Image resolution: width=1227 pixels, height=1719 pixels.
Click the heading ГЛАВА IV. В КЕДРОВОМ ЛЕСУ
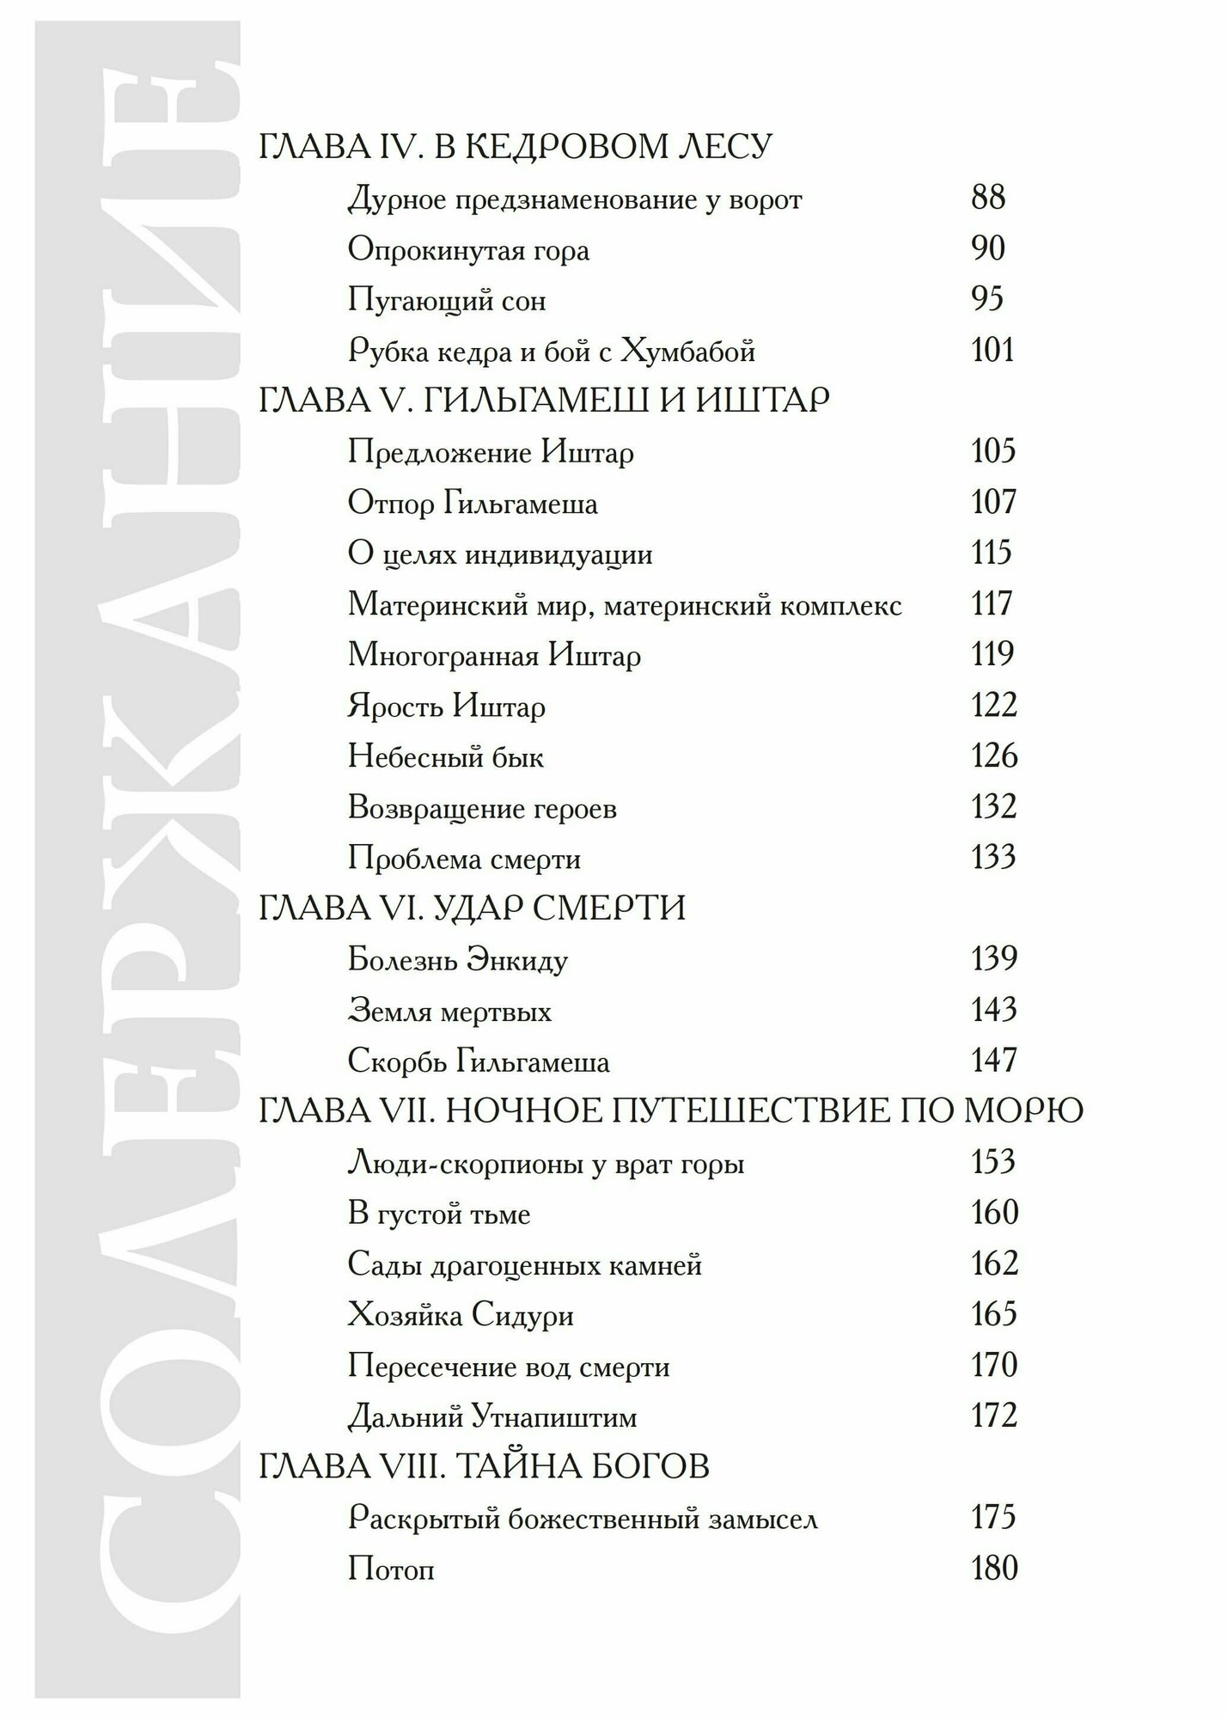click(x=516, y=148)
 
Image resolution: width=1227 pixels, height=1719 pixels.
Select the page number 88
click(x=988, y=199)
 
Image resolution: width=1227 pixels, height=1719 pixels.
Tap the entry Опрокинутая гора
click(x=469, y=250)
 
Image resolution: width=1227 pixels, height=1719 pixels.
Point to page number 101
click(x=992, y=351)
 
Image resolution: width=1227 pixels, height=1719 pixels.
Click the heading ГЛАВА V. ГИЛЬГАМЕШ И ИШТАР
click(x=545, y=401)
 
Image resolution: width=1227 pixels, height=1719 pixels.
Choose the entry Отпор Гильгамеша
click(x=473, y=503)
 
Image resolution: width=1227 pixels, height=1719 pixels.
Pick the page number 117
click(x=992, y=604)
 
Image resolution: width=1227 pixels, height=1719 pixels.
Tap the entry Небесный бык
click(x=446, y=757)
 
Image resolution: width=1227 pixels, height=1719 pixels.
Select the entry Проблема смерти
click(x=465, y=859)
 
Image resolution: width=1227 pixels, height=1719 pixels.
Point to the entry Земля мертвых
click(x=450, y=1011)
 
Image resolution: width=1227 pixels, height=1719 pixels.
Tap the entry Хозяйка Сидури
click(x=461, y=1315)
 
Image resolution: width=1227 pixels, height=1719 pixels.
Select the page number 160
click(x=994, y=1213)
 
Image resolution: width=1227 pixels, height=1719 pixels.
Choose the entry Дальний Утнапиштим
click(x=492, y=1416)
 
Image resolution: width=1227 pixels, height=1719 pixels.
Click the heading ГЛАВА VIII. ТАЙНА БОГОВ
click(x=485, y=1467)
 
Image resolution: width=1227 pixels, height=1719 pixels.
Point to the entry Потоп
click(x=391, y=1569)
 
